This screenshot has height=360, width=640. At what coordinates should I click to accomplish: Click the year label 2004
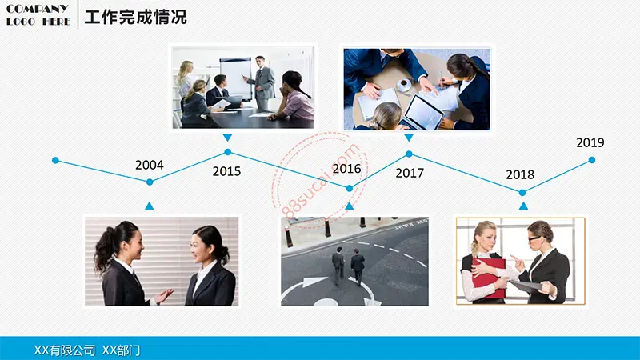150,165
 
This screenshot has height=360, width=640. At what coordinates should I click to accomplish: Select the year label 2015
226,171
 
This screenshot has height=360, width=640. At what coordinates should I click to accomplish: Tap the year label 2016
346,169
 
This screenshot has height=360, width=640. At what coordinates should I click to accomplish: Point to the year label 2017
410,173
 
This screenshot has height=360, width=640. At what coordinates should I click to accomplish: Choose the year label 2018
520,174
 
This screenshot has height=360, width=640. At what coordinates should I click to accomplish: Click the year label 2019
590,142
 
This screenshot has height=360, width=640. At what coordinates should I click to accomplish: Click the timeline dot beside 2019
592,161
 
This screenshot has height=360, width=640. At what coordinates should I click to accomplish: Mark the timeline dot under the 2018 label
522,193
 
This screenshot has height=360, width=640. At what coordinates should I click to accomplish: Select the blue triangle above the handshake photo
150,206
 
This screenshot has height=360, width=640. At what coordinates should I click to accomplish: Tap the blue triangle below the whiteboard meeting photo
228,138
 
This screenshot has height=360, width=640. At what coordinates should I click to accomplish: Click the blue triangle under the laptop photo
409,138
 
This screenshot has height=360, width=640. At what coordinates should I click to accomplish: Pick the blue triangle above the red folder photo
523,206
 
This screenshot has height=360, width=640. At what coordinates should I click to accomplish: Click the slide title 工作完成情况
135,17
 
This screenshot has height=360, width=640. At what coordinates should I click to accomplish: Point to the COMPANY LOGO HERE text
38,15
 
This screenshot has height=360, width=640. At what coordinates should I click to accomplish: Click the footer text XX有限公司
65,350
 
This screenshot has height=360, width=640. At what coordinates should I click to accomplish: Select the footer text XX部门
121,350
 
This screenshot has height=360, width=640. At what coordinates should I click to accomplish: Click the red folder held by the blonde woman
490,278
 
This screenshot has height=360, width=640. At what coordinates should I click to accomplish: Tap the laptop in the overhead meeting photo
422,112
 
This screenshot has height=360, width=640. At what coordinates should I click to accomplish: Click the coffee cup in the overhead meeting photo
405,84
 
